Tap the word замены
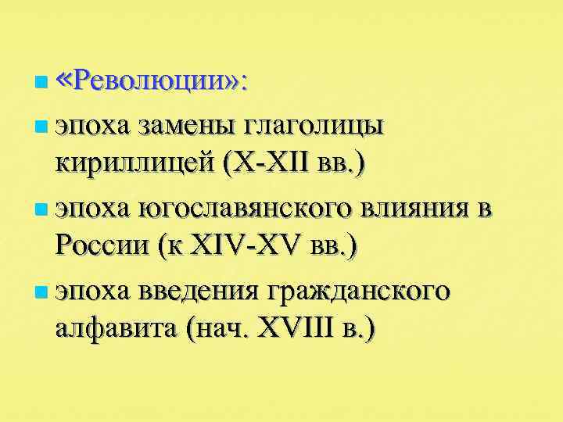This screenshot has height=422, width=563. point(188,123)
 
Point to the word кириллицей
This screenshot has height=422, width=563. point(134,165)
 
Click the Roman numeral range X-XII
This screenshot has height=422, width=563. point(267,165)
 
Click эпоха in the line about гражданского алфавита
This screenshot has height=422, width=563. point(91,291)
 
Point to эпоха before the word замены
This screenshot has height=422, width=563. point(91,123)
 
